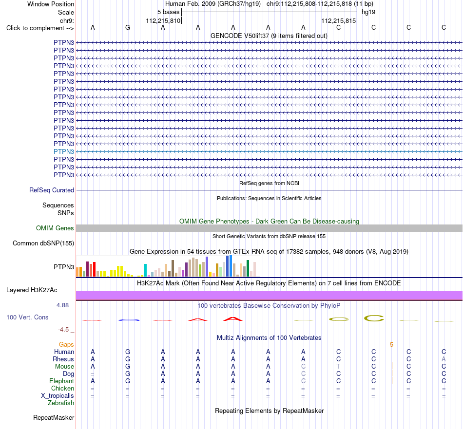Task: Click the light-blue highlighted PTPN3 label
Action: tap(64, 151)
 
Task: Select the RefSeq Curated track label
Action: tap(52, 190)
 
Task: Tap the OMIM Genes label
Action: tap(55, 228)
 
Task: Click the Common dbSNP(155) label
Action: tap(43, 243)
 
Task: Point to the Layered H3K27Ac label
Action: tap(32, 290)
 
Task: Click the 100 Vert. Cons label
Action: tap(27, 317)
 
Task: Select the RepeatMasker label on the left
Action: tap(54, 417)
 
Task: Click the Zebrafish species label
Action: tap(61, 403)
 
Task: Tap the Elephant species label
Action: tap(61, 381)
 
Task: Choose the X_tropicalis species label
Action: tap(58, 396)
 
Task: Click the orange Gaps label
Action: tap(66, 345)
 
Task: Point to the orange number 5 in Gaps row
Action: tap(391, 345)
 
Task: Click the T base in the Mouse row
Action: tap(338, 367)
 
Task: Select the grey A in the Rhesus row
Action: tap(444, 359)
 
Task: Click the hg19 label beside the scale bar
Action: tap(368, 12)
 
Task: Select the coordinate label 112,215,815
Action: tap(338, 20)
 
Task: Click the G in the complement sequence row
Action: tap(128, 28)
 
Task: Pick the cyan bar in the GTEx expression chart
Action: tap(145, 270)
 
